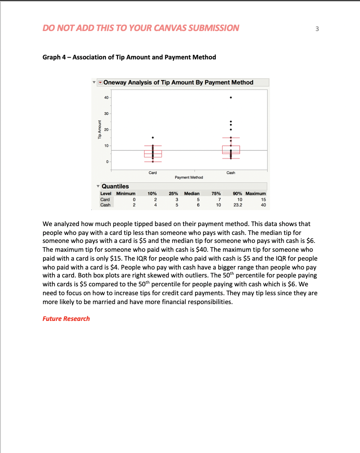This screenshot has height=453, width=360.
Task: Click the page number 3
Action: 317,29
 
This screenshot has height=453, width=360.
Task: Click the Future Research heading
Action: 66,319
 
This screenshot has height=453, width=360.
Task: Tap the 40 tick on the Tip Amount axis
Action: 106,98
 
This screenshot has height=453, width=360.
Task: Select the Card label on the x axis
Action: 153,172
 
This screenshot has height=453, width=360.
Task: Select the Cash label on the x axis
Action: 231,172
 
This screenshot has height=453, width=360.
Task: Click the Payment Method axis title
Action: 188,177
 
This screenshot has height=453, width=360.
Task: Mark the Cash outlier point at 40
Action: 231,98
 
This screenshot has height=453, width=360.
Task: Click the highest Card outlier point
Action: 153,137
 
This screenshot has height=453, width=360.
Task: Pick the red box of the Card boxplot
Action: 153,153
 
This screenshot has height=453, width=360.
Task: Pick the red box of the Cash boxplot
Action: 231,149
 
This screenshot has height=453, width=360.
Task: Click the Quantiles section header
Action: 115,186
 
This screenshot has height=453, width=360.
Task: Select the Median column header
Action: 192,194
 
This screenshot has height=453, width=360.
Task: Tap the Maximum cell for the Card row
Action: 263,199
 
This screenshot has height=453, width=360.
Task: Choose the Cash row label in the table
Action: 106,205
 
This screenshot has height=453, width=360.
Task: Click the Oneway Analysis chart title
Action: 178,82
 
